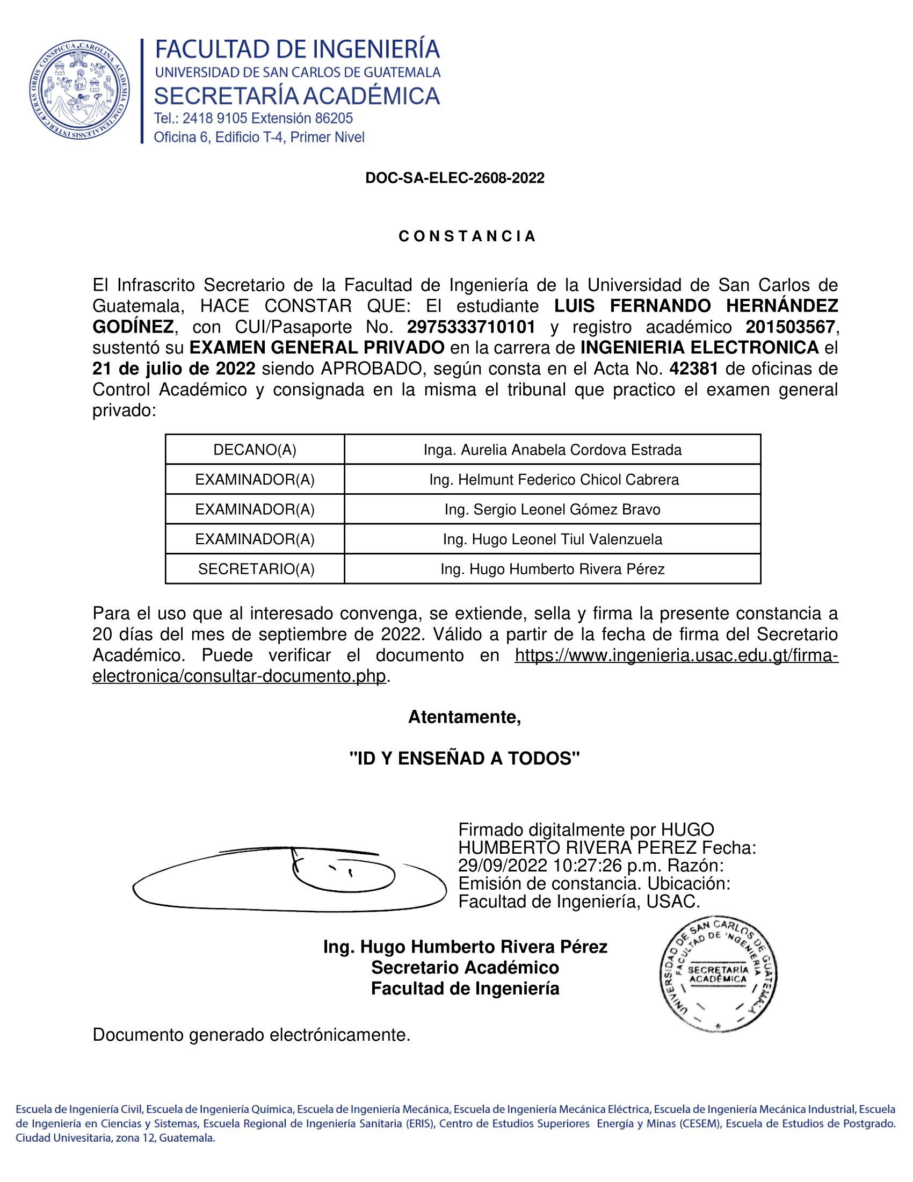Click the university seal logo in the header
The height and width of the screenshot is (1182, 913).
[79, 90]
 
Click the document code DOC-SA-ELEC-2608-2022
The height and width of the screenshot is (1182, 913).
[455, 178]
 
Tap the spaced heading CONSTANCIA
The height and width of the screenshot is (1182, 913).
[467, 236]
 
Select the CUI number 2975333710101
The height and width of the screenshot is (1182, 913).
[471, 327]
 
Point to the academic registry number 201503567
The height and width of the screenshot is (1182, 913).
[790, 327]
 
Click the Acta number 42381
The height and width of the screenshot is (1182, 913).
[694, 369]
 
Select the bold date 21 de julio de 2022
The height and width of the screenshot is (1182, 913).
[173, 369]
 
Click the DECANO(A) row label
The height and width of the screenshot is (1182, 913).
[255, 450]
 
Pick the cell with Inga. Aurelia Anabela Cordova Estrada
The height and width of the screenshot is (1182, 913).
[552, 450]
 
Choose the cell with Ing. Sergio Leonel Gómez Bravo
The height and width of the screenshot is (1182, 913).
[552, 509]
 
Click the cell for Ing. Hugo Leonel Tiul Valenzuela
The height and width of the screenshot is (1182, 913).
[552, 539]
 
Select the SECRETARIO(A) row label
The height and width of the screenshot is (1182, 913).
[256, 569]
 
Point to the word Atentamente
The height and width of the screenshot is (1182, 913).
[464, 717]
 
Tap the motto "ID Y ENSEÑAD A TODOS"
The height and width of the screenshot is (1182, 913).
[465, 758]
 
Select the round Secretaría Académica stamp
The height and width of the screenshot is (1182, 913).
[718, 975]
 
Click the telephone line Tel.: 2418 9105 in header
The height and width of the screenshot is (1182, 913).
[253, 118]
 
